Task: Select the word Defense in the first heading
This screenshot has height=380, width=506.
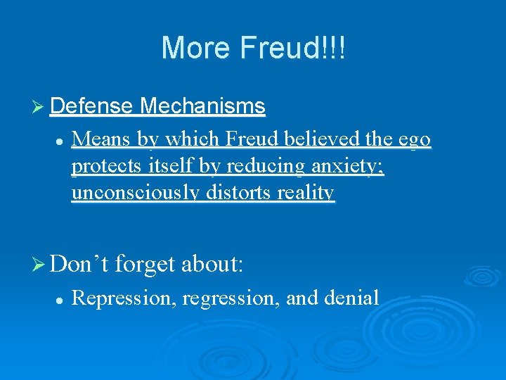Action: pos(92,107)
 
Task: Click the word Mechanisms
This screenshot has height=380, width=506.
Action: pos(202,107)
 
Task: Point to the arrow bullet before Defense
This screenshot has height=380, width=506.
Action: pos(41,107)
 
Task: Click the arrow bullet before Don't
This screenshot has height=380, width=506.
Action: pos(41,265)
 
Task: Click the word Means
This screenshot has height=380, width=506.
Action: pos(102,140)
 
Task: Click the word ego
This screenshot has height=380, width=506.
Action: pos(415,140)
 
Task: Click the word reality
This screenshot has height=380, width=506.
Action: pos(305,193)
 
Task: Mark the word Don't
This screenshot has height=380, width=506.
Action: pos(79,265)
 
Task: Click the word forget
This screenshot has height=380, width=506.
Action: pos(145,265)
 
